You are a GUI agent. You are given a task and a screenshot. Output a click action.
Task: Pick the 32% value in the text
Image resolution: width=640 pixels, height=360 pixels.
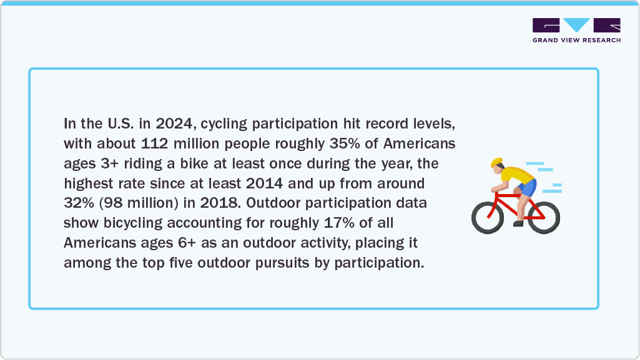[80, 203]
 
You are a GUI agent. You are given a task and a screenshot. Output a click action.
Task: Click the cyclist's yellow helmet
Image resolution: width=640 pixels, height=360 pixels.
[496, 163]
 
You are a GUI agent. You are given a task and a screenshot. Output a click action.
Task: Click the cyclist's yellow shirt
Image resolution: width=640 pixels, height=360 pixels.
[515, 174]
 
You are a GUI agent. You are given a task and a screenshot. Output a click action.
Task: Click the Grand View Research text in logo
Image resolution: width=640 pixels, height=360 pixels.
[576, 41]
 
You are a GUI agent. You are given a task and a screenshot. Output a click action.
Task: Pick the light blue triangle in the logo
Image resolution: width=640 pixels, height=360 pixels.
[576, 25]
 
